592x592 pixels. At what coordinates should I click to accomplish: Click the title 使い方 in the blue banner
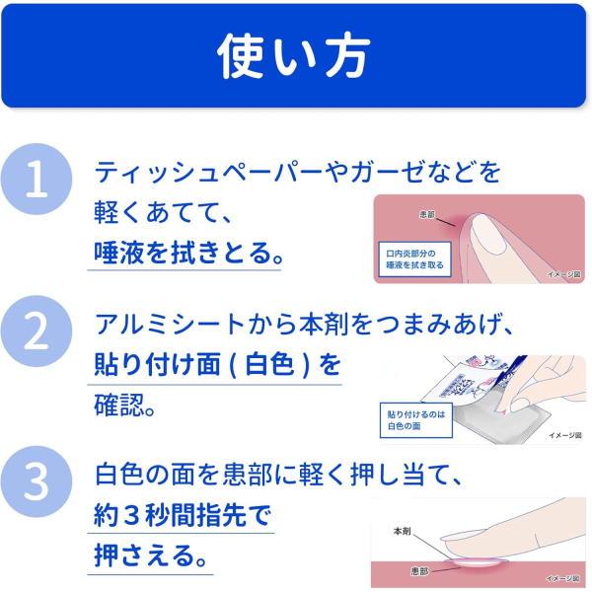294,56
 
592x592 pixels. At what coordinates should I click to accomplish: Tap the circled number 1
37,179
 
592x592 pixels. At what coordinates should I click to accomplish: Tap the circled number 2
37,332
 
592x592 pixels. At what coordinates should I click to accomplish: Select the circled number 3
37,481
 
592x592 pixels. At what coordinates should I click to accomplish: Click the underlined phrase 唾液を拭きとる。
188,253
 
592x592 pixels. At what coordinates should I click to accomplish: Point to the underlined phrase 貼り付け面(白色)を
217,364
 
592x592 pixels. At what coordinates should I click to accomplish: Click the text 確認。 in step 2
124,405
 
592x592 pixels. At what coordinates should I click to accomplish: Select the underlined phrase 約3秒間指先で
183,516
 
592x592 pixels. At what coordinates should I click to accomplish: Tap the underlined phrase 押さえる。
150,555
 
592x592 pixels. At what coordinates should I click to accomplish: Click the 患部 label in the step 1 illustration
427,215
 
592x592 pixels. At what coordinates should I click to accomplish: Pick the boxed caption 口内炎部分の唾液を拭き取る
415,259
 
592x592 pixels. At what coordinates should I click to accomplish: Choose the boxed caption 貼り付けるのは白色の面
416,420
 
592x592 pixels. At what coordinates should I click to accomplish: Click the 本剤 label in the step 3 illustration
402,531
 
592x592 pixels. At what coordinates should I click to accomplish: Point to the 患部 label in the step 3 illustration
419,571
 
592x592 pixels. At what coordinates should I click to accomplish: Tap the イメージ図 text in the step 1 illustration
564,274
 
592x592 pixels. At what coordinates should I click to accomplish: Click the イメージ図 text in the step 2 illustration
564,435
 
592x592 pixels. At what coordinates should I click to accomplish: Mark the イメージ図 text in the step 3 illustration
562,578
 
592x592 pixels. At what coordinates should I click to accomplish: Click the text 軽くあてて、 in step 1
163,212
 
